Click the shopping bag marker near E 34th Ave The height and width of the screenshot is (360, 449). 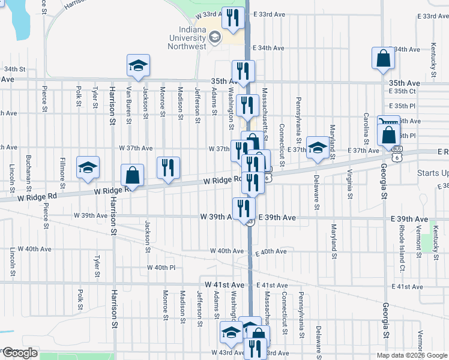click(382, 59)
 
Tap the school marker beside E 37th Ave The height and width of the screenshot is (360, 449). click(316, 148)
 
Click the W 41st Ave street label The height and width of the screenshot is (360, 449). click(224, 284)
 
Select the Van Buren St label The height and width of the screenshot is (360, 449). click(128, 104)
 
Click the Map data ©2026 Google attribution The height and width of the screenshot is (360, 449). click(412, 355)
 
